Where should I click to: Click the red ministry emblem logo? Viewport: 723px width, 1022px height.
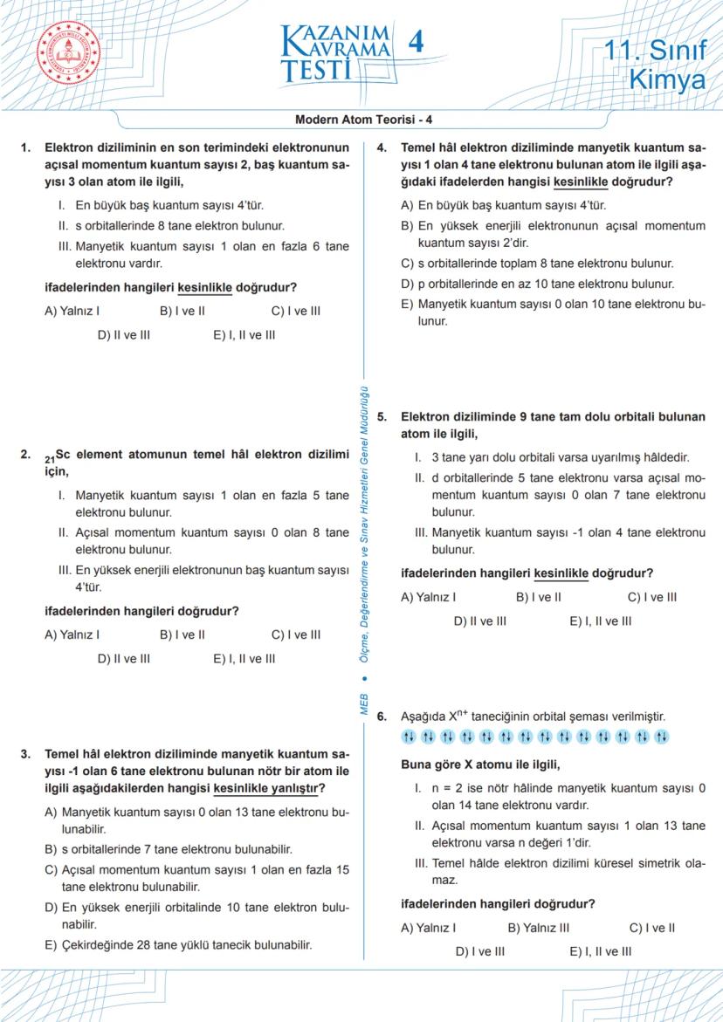tap(68, 52)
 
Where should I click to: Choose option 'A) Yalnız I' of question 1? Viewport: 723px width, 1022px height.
tap(72, 311)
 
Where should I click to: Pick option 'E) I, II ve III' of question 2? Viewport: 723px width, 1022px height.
tap(244, 659)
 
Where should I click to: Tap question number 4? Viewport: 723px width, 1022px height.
tap(382, 147)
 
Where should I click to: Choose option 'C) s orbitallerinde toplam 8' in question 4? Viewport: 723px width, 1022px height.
tap(536, 263)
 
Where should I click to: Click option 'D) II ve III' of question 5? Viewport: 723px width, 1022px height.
tap(479, 621)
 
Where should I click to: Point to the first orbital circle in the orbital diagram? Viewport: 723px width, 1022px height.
tap(409, 737)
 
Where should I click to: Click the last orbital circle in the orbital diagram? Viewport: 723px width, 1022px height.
tap(662, 737)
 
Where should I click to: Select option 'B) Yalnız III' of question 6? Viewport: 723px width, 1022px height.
tap(538, 928)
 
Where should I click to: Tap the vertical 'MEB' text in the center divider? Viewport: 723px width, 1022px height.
tap(365, 703)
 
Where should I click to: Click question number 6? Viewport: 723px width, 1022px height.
tap(382, 717)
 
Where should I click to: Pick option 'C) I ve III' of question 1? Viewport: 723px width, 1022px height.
tap(296, 311)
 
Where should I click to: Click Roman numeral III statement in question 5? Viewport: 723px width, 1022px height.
tap(559, 540)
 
